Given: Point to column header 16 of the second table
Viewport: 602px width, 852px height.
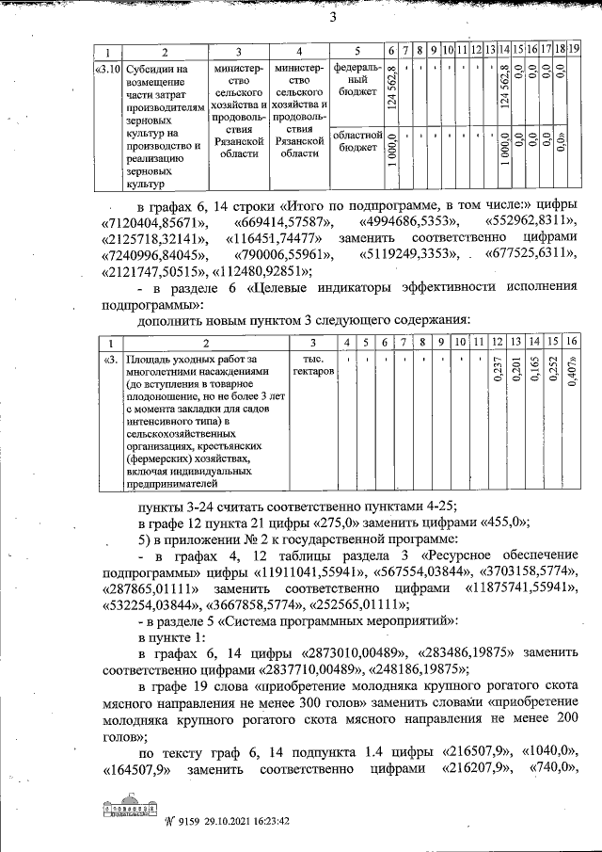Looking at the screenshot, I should coord(572,341).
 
